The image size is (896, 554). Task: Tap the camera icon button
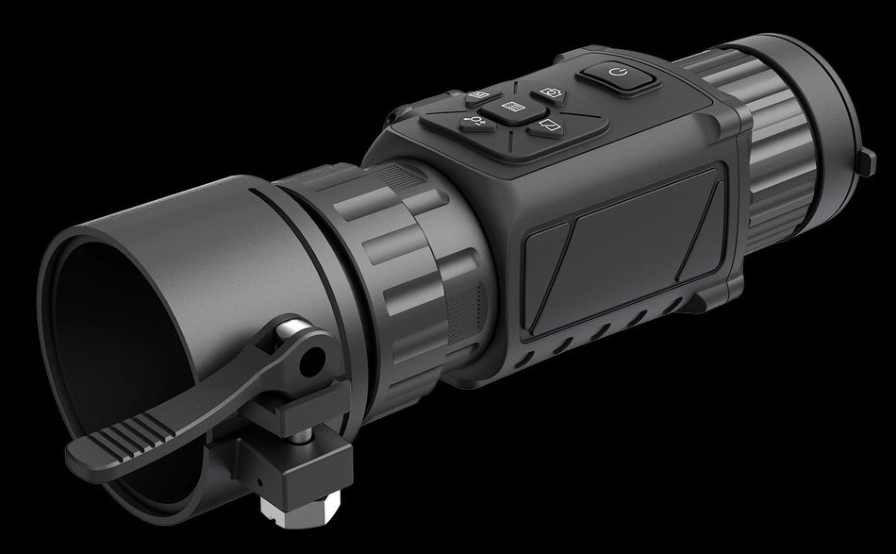click(x=551, y=93)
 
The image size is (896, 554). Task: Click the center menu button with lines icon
click(x=513, y=108)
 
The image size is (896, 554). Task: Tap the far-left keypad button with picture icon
click(x=477, y=95)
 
